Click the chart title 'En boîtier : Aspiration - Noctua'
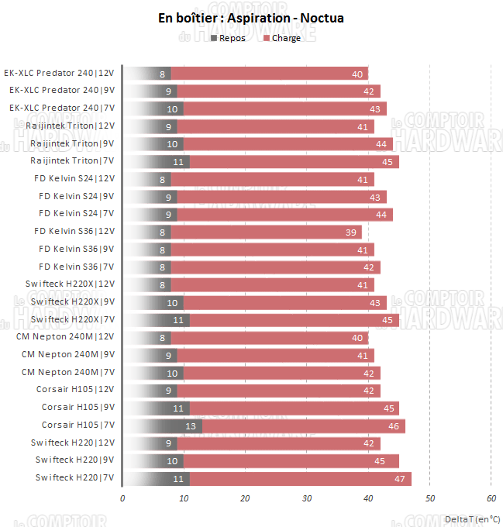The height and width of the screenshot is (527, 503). click(251, 18)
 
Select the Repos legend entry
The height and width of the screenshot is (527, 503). click(227, 38)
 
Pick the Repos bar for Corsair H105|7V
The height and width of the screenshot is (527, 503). click(162, 425)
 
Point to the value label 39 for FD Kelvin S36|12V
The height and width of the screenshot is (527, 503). click(351, 232)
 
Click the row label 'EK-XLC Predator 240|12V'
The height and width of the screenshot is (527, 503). click(59, 74)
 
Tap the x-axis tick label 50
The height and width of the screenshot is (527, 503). click(430, 498)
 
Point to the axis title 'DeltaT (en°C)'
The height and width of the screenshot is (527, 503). click(472, 518)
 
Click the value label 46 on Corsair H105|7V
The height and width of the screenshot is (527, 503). click(394, 425)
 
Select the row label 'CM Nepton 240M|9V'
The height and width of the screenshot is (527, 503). click(68, 355)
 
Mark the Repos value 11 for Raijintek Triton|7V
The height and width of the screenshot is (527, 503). click(177, 161)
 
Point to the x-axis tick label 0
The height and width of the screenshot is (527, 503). click(122, 498)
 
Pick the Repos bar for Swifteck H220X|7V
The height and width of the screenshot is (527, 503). click(156, 320)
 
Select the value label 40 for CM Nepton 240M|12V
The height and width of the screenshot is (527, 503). click(357, 337)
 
